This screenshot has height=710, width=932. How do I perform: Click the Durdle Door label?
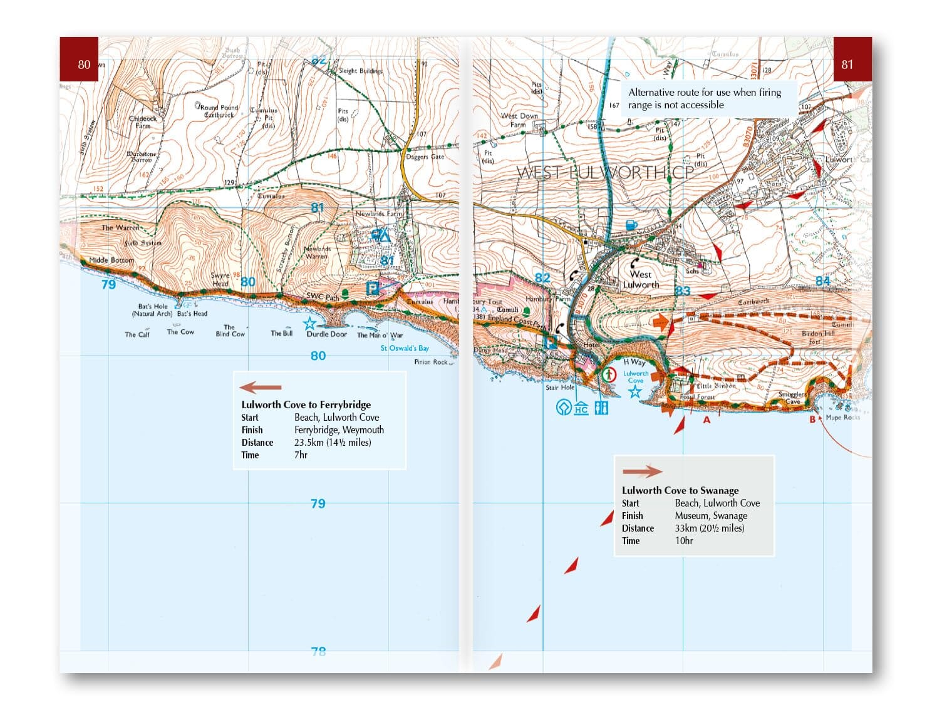pos(326,334)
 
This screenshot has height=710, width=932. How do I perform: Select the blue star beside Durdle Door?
pos(309,324)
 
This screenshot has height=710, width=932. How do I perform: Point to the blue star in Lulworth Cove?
pos(635,392)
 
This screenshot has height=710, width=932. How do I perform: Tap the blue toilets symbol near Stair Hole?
pos(601,408)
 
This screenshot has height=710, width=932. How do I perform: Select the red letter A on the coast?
pos(707,420)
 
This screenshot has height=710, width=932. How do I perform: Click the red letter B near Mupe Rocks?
pos(813,419)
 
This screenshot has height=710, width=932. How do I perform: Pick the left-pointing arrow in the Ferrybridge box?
pos(261,388)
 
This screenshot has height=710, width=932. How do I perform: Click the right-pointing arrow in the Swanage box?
pos(642,471)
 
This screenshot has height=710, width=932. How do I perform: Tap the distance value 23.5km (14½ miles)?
pos(333,443)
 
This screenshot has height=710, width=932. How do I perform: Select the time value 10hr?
pos(684,541)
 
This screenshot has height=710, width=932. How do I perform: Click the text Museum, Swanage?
pos(711,516)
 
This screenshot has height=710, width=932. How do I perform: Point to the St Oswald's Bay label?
pos(405,348)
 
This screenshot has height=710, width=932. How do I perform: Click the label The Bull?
pos(281,333)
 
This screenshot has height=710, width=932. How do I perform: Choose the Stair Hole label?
pos(559,388)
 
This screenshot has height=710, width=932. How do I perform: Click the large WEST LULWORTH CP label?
pos(605,173)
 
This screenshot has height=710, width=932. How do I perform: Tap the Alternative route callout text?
pos(705,98)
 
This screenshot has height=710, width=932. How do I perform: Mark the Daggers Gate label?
pos(425,157)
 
